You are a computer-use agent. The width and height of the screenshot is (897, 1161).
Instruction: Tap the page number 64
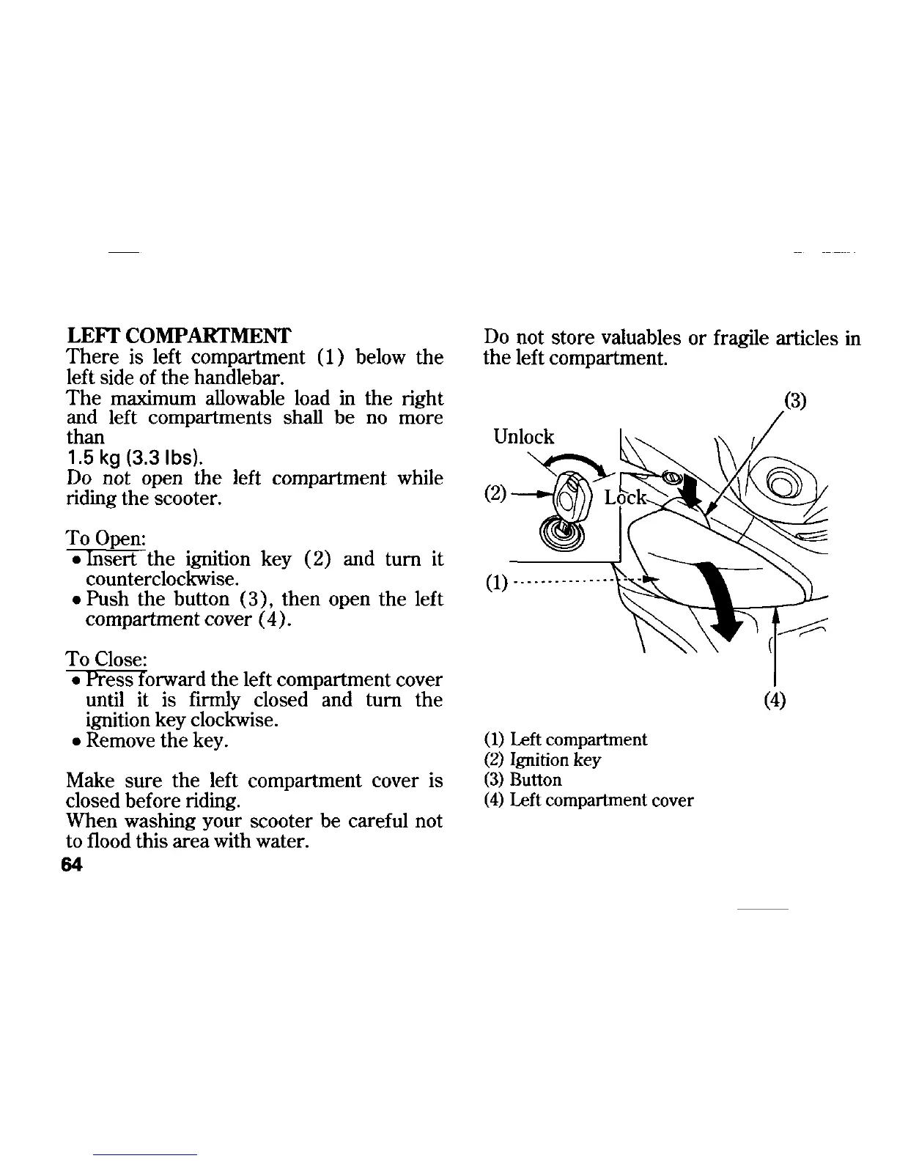tap(73, 865)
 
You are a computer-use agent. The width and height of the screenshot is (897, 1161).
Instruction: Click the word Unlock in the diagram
tap(524, 438)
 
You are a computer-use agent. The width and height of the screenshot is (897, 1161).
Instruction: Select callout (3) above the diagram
tap(796, 402)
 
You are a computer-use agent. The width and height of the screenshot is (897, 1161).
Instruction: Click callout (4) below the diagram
tap(775, 701)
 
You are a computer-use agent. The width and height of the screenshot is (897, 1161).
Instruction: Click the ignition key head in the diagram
tap(569, 496)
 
